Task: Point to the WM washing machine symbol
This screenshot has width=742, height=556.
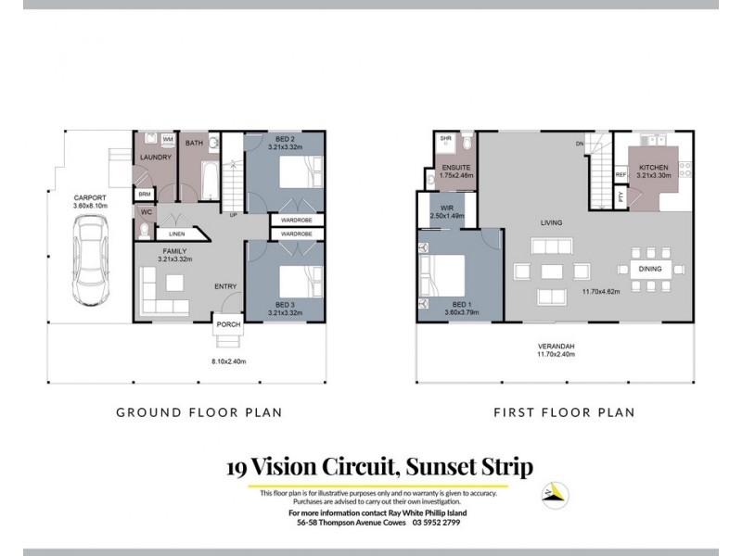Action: (x=169, y=139)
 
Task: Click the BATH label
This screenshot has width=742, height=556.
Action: (x=195, y=144)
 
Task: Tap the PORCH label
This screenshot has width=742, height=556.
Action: (x=228, y=326)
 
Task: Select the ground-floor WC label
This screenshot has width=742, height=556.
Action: (x=147, y=211)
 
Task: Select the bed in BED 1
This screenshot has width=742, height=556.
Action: (x=443, y=275)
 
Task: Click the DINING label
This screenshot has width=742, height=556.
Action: (x=649, y=270)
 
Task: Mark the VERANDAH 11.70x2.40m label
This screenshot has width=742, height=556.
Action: (x=555, y=349)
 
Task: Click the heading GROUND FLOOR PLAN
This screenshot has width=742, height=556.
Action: (x=198, y=412)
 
